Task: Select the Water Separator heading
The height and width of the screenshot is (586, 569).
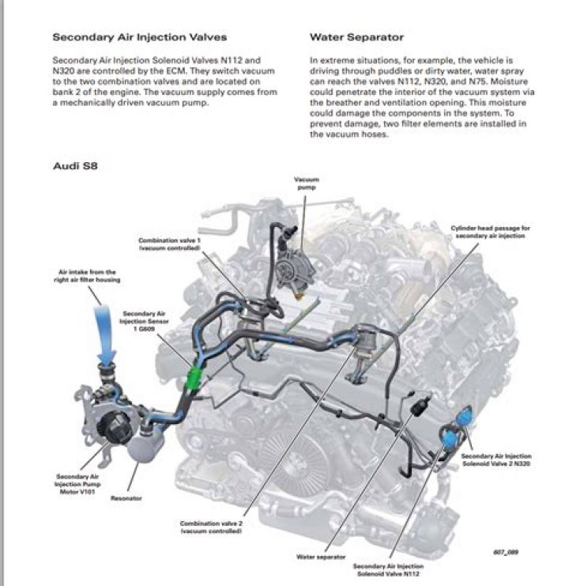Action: [357, 37]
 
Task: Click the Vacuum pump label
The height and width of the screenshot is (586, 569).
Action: [306, 184]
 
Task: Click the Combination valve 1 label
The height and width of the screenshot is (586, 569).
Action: [169, 244]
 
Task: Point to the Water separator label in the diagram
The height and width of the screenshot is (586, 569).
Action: [321, 557]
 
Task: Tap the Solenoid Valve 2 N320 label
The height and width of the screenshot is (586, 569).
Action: [496, 460]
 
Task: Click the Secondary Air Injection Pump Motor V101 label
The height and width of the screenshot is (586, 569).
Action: [77, 482]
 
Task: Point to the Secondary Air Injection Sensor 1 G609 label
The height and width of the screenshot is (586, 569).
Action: [142, 321]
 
